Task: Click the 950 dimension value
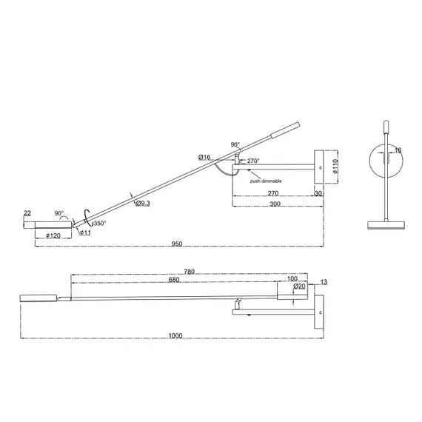click(177, 242)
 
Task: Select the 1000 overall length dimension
click(175, 335)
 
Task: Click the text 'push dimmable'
click(265, 181)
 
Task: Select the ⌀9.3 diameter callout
click(143, 204)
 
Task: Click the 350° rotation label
click(98, 223)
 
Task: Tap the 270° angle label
click(252, 161)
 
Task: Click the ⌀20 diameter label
click(299, 286)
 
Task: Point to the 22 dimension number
click(27, 213)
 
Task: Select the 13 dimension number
click(324, 282)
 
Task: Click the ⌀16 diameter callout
click(205, 157)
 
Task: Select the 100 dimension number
click(292, 280)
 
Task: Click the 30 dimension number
click(318, 194)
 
